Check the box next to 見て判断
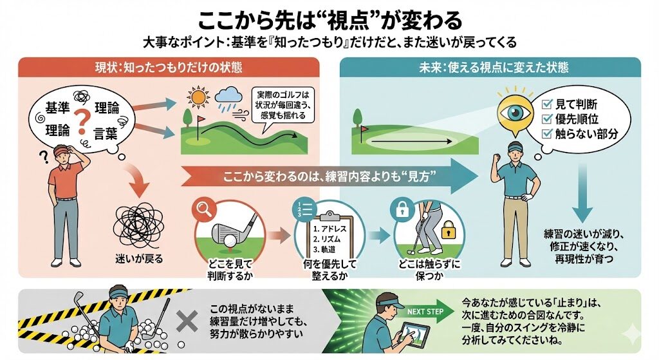pos(548,103)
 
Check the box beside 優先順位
pos(548,118)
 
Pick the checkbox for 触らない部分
pos(548,134)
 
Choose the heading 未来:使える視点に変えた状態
pos(490,67)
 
